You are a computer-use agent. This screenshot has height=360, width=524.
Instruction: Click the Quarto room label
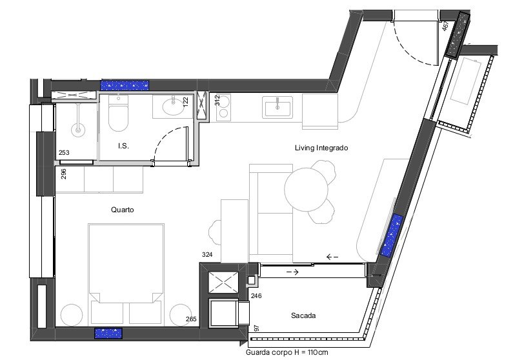123,210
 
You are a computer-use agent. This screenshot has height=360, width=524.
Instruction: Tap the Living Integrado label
321,148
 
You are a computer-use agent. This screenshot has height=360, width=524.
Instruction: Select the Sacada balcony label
303,315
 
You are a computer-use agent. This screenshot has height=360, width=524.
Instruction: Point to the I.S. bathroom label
123,146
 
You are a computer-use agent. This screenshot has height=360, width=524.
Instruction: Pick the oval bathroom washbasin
173,107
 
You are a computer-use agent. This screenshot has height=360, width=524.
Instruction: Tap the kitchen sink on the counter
277,107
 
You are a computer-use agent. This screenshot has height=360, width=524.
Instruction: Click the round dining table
306,189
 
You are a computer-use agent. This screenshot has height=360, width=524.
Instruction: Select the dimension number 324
207,255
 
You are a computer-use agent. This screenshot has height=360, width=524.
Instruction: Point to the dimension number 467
445,26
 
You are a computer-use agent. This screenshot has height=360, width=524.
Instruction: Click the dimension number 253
64,153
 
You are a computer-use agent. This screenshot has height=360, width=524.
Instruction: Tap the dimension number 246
256,296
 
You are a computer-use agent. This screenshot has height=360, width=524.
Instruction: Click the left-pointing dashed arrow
332,257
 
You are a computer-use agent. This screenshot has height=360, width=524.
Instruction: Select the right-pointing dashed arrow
292,272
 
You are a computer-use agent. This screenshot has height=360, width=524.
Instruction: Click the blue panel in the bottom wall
108,334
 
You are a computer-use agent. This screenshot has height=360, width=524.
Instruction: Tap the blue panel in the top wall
125,86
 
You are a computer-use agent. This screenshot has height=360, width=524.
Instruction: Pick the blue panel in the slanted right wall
392,235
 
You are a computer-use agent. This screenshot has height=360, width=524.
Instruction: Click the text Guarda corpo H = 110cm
287,352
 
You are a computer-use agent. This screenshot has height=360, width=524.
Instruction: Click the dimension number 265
191,319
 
